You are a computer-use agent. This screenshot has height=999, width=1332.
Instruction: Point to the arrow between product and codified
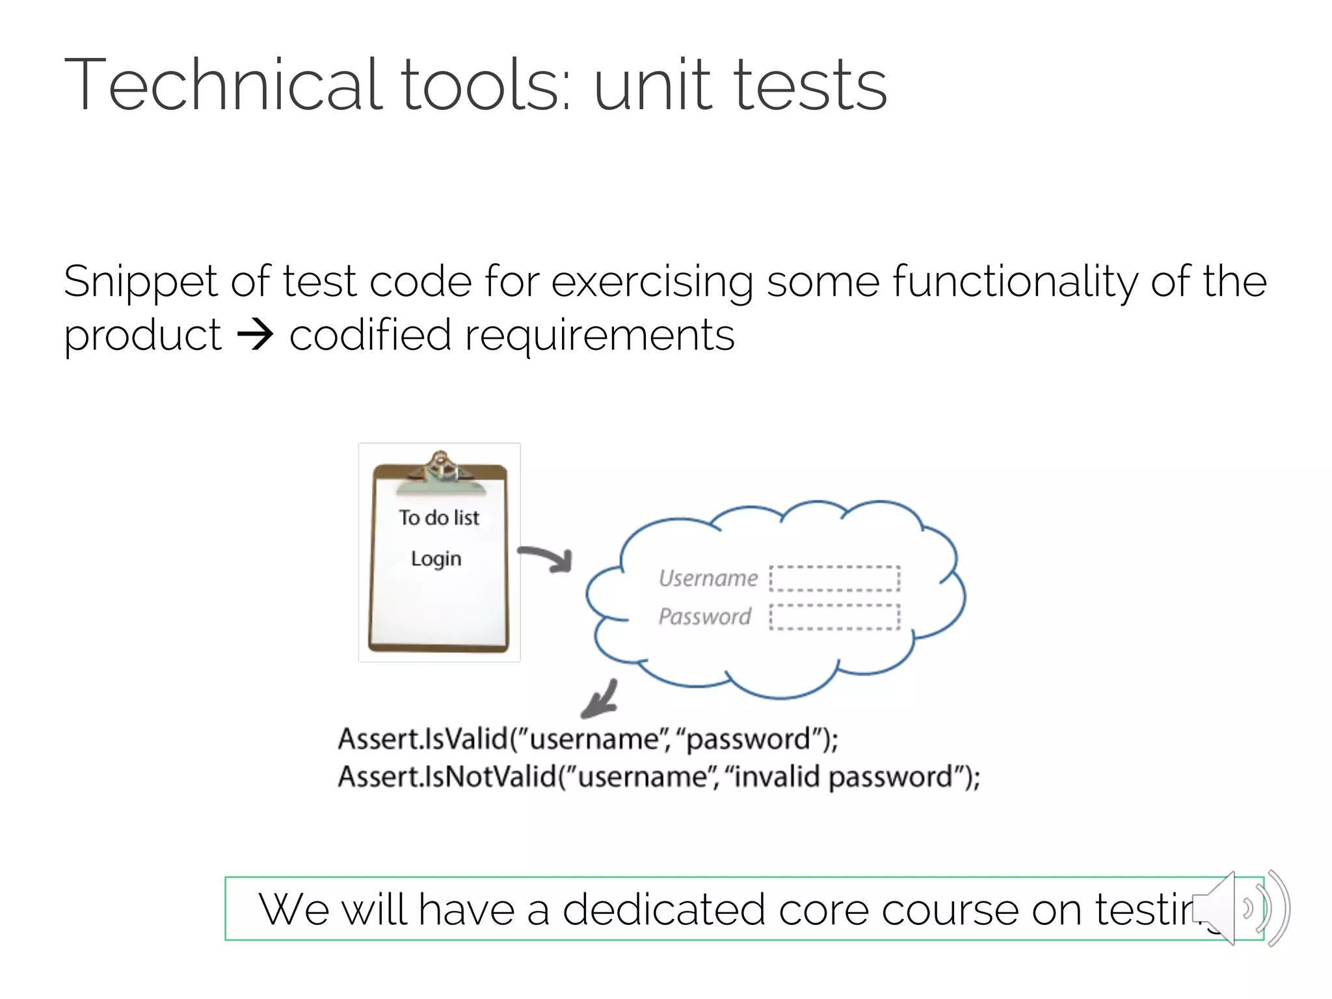(255, 336)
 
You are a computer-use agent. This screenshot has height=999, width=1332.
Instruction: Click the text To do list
(439, 518)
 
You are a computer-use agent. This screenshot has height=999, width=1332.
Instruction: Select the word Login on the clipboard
(436, 559)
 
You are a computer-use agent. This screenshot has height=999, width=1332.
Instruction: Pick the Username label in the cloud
(708, 578)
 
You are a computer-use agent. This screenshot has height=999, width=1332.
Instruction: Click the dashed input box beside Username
(834, 578)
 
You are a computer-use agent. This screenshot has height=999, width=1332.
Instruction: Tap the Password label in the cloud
(704, 616)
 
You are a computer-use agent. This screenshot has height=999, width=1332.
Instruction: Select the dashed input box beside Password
(834, 617)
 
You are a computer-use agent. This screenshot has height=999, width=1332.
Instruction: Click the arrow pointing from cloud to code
(600, 700)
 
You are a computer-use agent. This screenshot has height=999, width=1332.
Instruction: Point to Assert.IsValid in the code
(423, 739)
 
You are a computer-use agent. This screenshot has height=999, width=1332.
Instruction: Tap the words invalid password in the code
(843, 777)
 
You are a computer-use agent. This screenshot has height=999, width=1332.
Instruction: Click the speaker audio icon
(1239, 908)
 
